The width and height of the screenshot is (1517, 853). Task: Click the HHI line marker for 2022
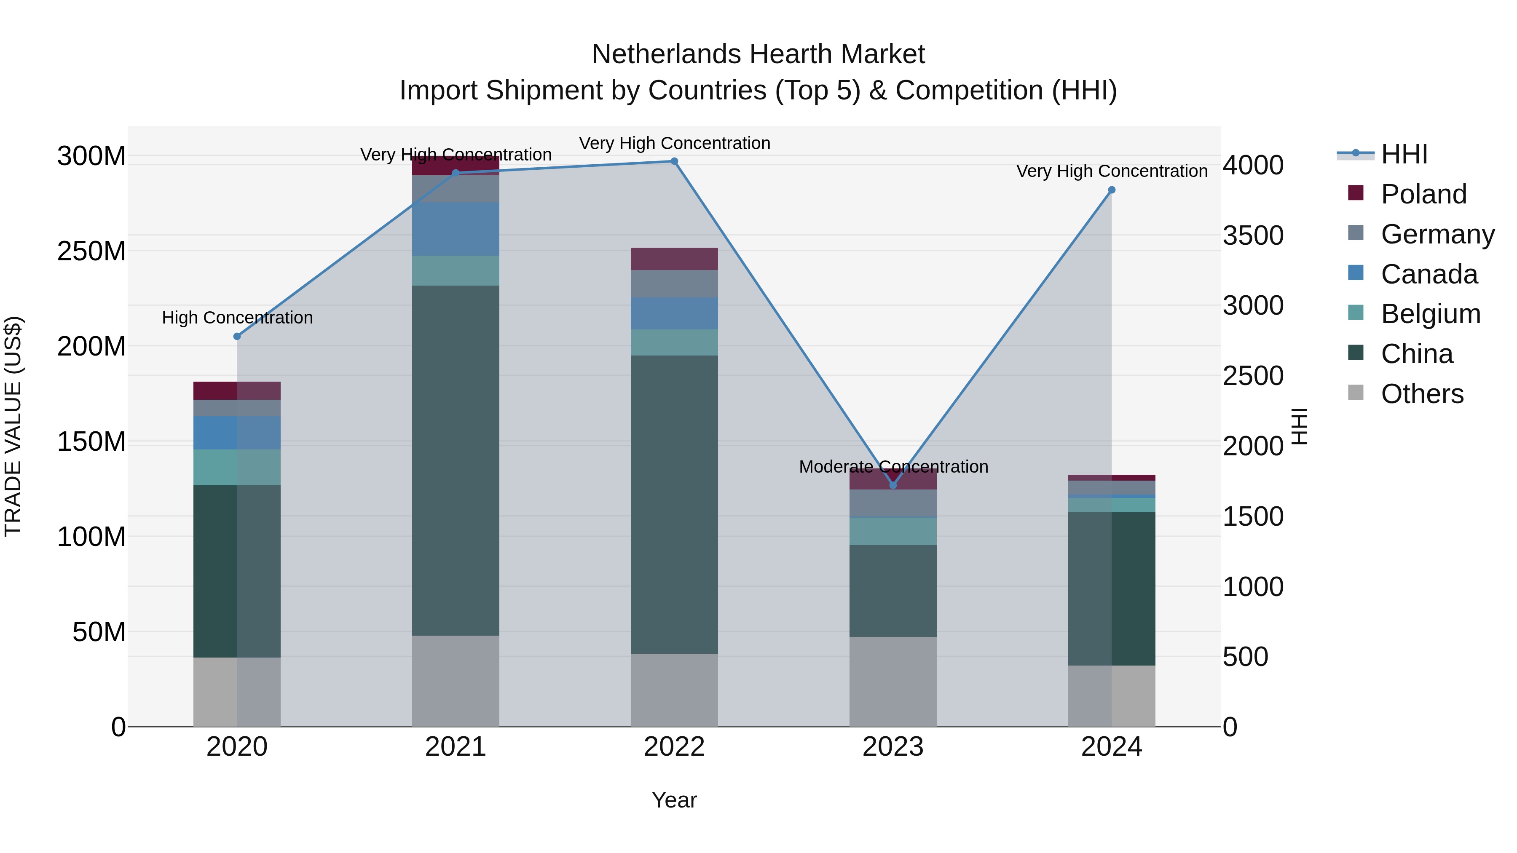pyautogui.click(x=674, y=161)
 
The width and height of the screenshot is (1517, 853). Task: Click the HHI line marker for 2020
pyautogui.click(x=237, y=336)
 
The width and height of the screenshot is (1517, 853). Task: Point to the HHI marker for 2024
pyautogui.click(x=1111, y=190)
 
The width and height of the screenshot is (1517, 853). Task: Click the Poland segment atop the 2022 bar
pyautogui.click(x=674, y=259)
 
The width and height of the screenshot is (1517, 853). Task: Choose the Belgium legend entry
pyautogui.click(x=1429, y=314)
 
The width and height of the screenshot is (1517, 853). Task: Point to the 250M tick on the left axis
pyautogui.click(x=91, y=251)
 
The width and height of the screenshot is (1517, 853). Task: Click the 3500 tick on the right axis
pyautogui.click(x=1253, y=235)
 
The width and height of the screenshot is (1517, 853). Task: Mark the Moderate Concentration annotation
pyautogui.click(x=893, y=466)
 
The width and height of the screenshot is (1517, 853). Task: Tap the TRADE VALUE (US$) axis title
pyautogui.click(x=13, y=426)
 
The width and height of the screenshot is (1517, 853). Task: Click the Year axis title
pyautogui.click(x=674, y=800)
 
